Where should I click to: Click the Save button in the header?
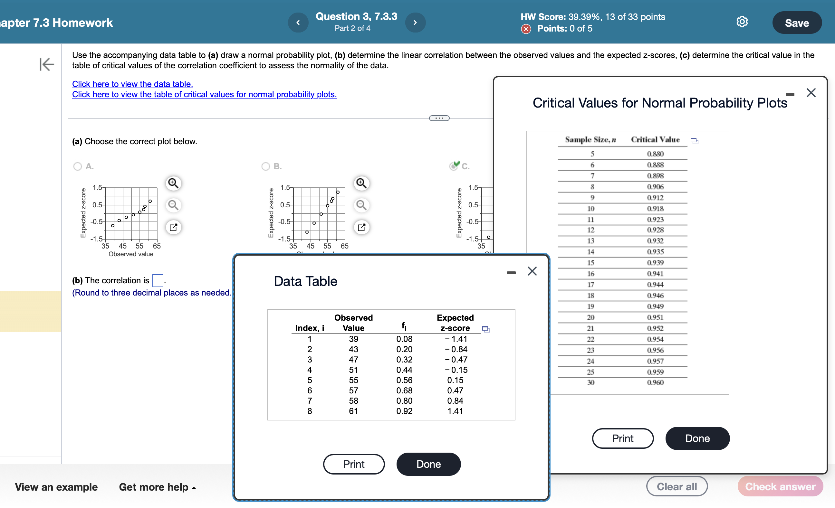[796, 23]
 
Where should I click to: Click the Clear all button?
[677, 486]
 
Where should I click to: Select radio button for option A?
[78, 166]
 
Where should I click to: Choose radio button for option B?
[266, 166]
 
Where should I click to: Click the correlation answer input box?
[158, 280]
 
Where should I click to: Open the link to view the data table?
[132, 84]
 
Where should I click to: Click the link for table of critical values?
[204, 95]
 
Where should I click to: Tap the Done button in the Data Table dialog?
[428, 464]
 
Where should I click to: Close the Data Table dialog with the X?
[532, 271]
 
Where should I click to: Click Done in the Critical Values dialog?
[697, 438]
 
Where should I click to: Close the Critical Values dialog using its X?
[811, 93]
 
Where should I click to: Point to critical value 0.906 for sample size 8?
[655, 187]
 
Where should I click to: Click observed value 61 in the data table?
[353, 411]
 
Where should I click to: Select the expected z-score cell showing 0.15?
[455, 380]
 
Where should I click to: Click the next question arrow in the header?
[415, 23]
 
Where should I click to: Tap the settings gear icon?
[742, 22]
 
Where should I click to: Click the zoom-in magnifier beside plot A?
[174, 183]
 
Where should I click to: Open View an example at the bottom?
[56, 487]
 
